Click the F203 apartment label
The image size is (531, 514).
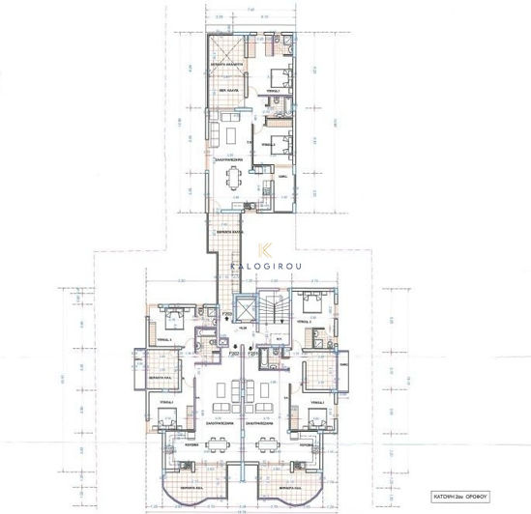(x=226, y=314)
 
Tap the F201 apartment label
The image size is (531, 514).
(x=253, y=354)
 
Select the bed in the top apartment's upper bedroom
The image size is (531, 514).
(x=280, y=76)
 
